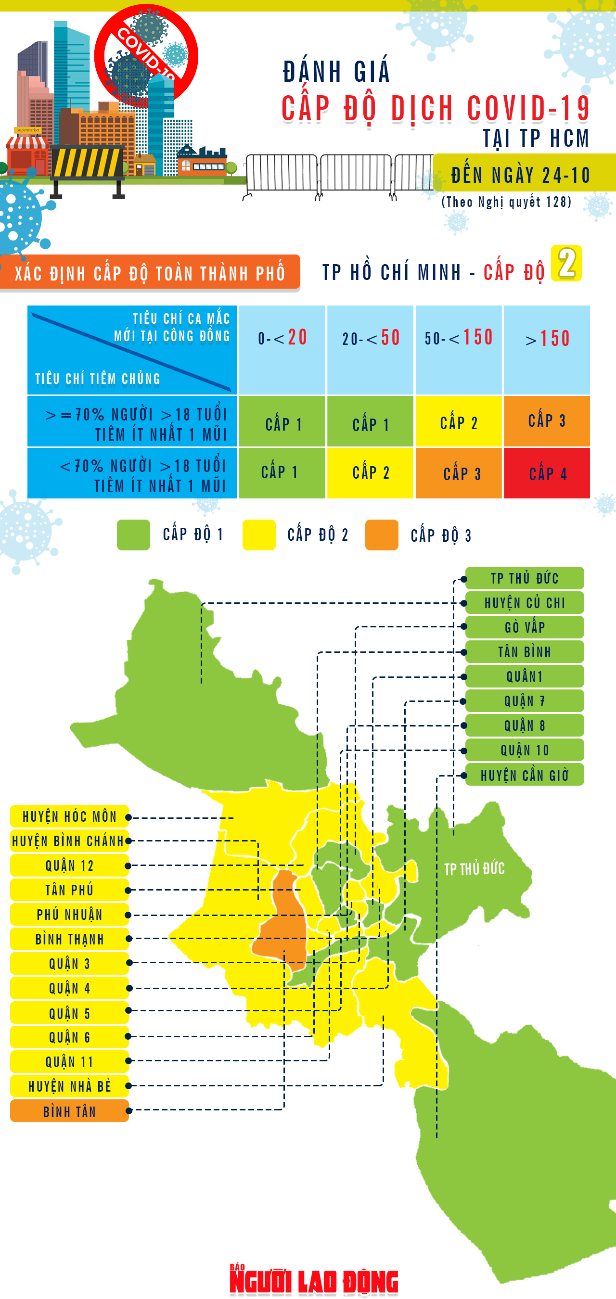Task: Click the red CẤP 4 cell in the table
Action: pyautogui.click(x=547, y=473)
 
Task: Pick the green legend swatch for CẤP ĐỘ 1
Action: pyautogui.click(x=133, y=535)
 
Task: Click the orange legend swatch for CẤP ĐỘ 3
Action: pyautogui.click(x=382, y=535)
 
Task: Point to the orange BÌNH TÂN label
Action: pyautogui.click(x=70, y=1111)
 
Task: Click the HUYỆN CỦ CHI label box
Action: pyautogui.click(x=524, y=603)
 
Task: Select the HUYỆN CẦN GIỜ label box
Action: pyautogui.click(x=524, y=775)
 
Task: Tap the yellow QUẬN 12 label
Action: pyautogui.click(x=70, y=866)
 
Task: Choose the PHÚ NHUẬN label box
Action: pyautogui.click(x=70, y=914)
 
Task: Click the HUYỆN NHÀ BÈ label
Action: pyautogui.click(x=70, y=1086)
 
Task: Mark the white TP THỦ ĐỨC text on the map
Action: pyautogui.click(x=474, y=869)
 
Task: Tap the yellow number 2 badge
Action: pyautogui.click(x=566, y=263)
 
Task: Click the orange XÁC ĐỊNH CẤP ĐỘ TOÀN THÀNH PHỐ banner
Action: pyautogui.click(x=150, y=273)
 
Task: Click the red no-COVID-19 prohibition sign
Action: pyautogui.click(x=146, y=55)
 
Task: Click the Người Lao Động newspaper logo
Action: pyautogui.click(x=314, y=1281)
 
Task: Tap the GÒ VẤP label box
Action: pyautogui.click(x=524, y=627)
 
